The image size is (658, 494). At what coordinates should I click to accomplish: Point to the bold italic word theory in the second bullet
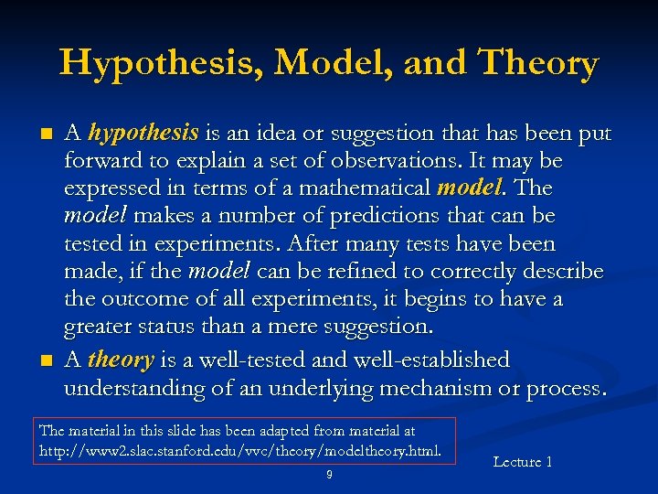point(121,360)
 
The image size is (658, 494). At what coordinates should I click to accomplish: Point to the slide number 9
point(329,474)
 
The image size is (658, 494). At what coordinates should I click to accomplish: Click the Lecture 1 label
point(522,462)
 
